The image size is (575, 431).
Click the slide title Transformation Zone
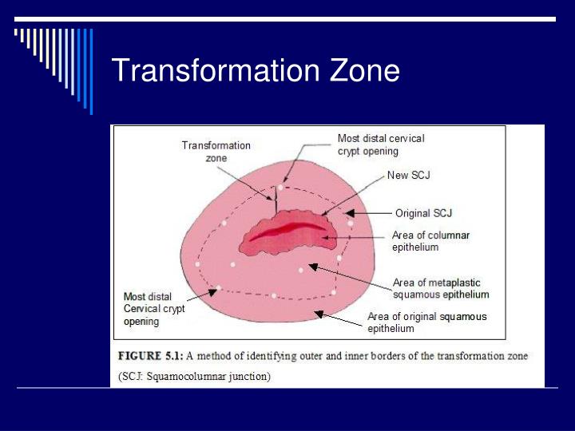tap(255, 71)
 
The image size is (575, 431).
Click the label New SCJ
tap(408, 176)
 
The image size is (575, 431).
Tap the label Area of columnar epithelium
tap(430, 241)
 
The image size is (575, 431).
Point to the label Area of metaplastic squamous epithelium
tap(441, 288)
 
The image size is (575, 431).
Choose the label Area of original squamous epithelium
tap(426, 322)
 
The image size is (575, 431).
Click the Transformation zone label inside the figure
tap(216, 152)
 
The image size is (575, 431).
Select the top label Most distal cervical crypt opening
tap(381, 144)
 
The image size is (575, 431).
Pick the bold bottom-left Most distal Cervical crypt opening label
tap(154, 309)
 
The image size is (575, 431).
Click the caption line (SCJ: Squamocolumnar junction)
tap(194, 376)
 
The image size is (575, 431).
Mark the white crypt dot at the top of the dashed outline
tap(280, 188)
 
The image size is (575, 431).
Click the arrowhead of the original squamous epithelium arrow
tap(318, 314)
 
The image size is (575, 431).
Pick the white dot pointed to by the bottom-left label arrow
tap(218, 287)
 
